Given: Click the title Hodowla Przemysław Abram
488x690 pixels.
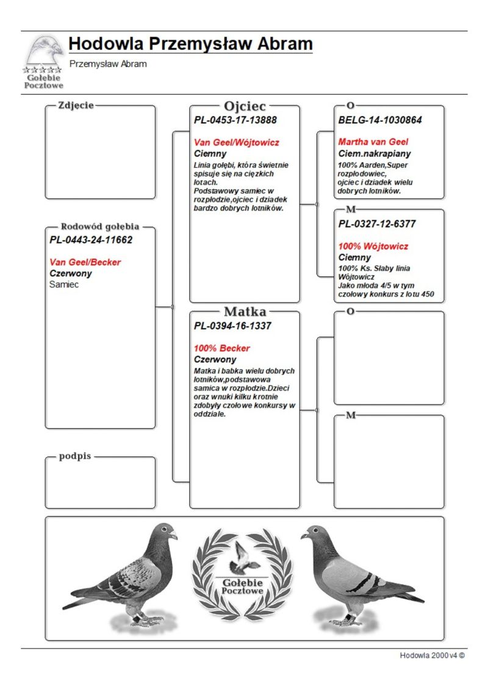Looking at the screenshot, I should coord(190,44).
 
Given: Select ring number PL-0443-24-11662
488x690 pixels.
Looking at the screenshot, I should coord(91,240).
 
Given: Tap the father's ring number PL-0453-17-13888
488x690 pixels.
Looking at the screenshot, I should coord(235,120).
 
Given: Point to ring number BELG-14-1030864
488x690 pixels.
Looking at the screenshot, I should coord(380,120).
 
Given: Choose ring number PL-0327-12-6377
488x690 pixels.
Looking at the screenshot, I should coord(377,224).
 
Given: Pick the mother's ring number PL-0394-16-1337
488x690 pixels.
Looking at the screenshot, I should coord(232,326).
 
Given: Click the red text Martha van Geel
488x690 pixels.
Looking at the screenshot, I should coord(373,142).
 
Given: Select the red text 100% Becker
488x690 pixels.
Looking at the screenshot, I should coord(222,348).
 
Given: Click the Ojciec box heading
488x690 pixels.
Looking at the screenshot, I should coord(245,106).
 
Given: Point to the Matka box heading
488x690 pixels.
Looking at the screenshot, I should coord(245,312).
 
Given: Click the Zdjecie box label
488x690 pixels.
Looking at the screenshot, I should coord(76,105).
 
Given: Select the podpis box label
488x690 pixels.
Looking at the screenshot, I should coord(74,456).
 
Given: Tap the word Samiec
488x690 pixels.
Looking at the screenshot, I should coord(64,284).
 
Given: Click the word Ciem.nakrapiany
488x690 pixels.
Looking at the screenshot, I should coord(375,153).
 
